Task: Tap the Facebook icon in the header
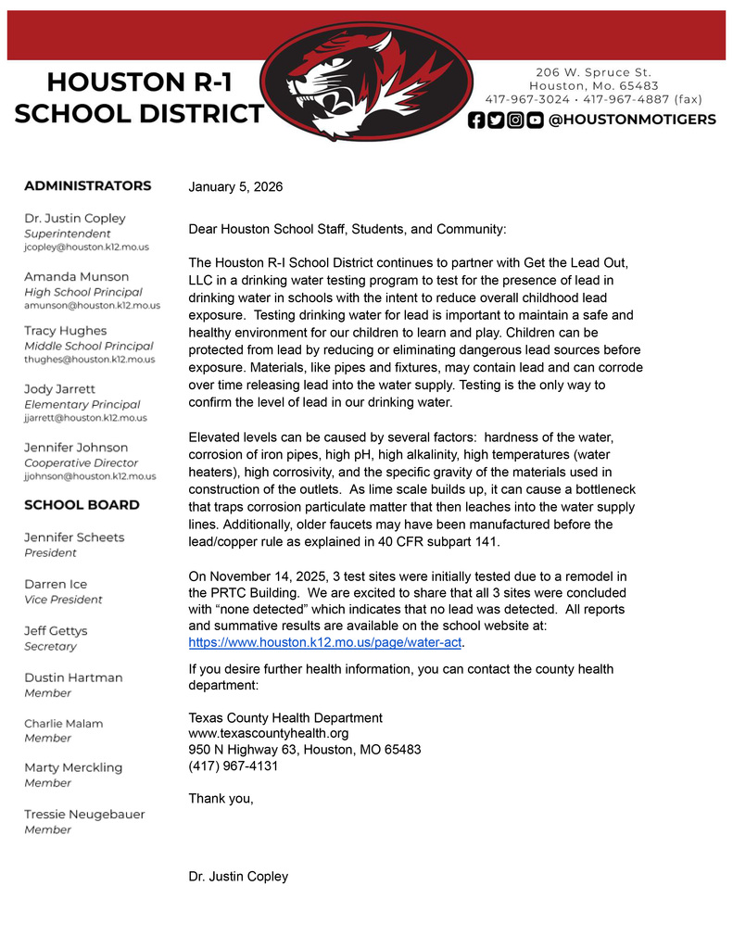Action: [x=476, y=120]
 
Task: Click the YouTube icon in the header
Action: [x=535, y=120]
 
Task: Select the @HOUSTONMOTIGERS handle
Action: [x=632, y=120]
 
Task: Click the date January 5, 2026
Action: [x=235, y=187]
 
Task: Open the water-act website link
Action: [x=324, y=642]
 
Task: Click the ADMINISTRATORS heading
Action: [x=87, y=185]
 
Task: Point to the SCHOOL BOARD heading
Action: [x=82, y=505]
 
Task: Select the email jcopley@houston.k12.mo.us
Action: [x=86, y=247]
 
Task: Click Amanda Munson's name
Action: [x=76, y=276]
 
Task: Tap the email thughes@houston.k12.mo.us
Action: [x=89, y=359]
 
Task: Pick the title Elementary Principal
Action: [x=82, y=404]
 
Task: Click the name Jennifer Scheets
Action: [x=73, y=538]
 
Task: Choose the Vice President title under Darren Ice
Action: [x=63, y=600]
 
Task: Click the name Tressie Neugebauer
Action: [x=84, y=814]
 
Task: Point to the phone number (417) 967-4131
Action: [x=233, y=766]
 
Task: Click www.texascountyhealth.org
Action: [x=268, y=734]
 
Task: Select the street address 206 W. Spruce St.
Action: [x=593, y=72]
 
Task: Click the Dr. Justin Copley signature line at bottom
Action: [x=238, y=877]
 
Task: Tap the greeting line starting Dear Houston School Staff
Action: [x=348, y=229]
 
